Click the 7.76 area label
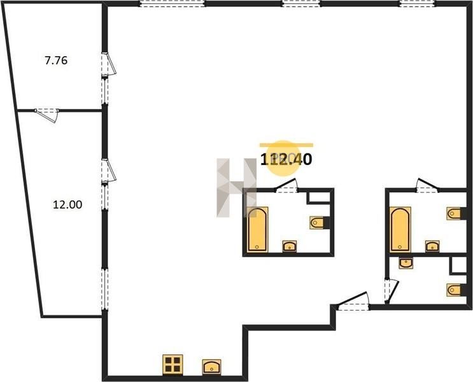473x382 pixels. tap(56, 60)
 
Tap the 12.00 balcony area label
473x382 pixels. tap(67, 205)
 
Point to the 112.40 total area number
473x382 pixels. tap(286, 159)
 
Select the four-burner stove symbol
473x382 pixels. tap(173, 365)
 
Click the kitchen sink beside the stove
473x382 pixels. tap(211, 367)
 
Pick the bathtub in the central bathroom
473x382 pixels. tap(258, 229)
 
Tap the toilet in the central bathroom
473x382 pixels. tap(319, 223)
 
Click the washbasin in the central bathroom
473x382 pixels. tap(290, 246)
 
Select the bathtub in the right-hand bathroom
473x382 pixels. tap(400, 229)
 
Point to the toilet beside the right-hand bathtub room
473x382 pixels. tap(456, 214)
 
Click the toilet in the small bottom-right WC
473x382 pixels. tap(456, 290)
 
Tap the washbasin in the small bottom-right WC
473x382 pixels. tap(406, 263)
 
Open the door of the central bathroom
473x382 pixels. tap(286, 185)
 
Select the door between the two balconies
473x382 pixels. tap(47, 115)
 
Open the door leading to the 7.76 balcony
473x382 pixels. tap(109, 64)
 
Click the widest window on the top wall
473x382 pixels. tap(172, 3)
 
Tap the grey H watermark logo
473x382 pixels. tap(237, 187)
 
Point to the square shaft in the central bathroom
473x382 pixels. tap(319, 197)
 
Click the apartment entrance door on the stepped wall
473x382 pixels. tap(353, 302)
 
